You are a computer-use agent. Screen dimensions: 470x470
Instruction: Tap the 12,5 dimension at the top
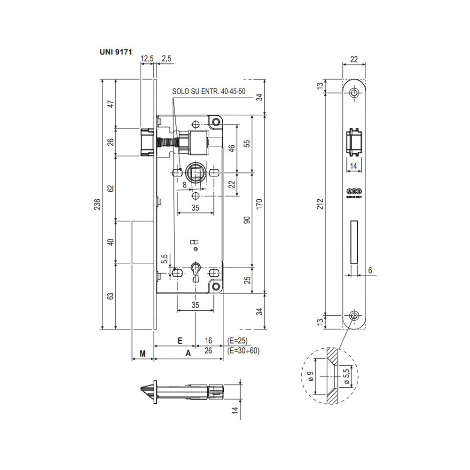(147, 58)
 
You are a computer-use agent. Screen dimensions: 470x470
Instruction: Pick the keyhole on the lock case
(196, 272)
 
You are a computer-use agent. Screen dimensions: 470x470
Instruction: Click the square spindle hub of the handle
(195, 172)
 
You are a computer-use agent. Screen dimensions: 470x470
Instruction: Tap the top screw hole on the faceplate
(354, 93)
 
